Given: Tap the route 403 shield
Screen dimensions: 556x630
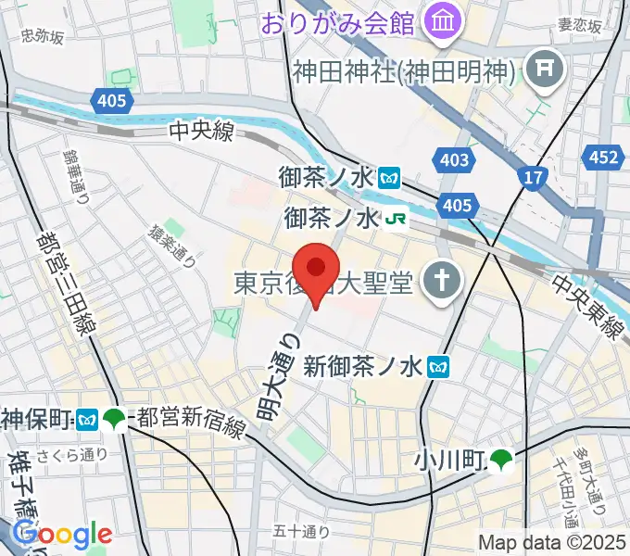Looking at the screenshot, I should point(455,159).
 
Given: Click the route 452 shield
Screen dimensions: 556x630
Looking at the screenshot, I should point(603,158).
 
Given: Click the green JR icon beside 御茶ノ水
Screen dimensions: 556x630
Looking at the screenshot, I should point(397,219).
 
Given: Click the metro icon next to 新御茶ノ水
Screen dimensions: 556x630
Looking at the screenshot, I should point(438,367).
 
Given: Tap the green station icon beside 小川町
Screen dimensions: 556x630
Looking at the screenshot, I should point(501,457).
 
